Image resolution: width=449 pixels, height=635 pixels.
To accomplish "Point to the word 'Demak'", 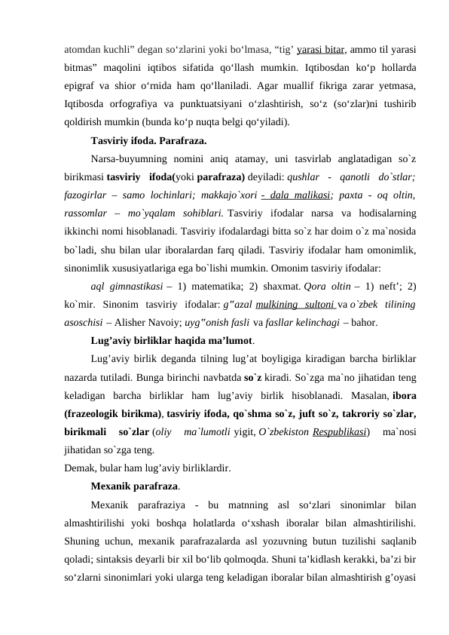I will point(81,468).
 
